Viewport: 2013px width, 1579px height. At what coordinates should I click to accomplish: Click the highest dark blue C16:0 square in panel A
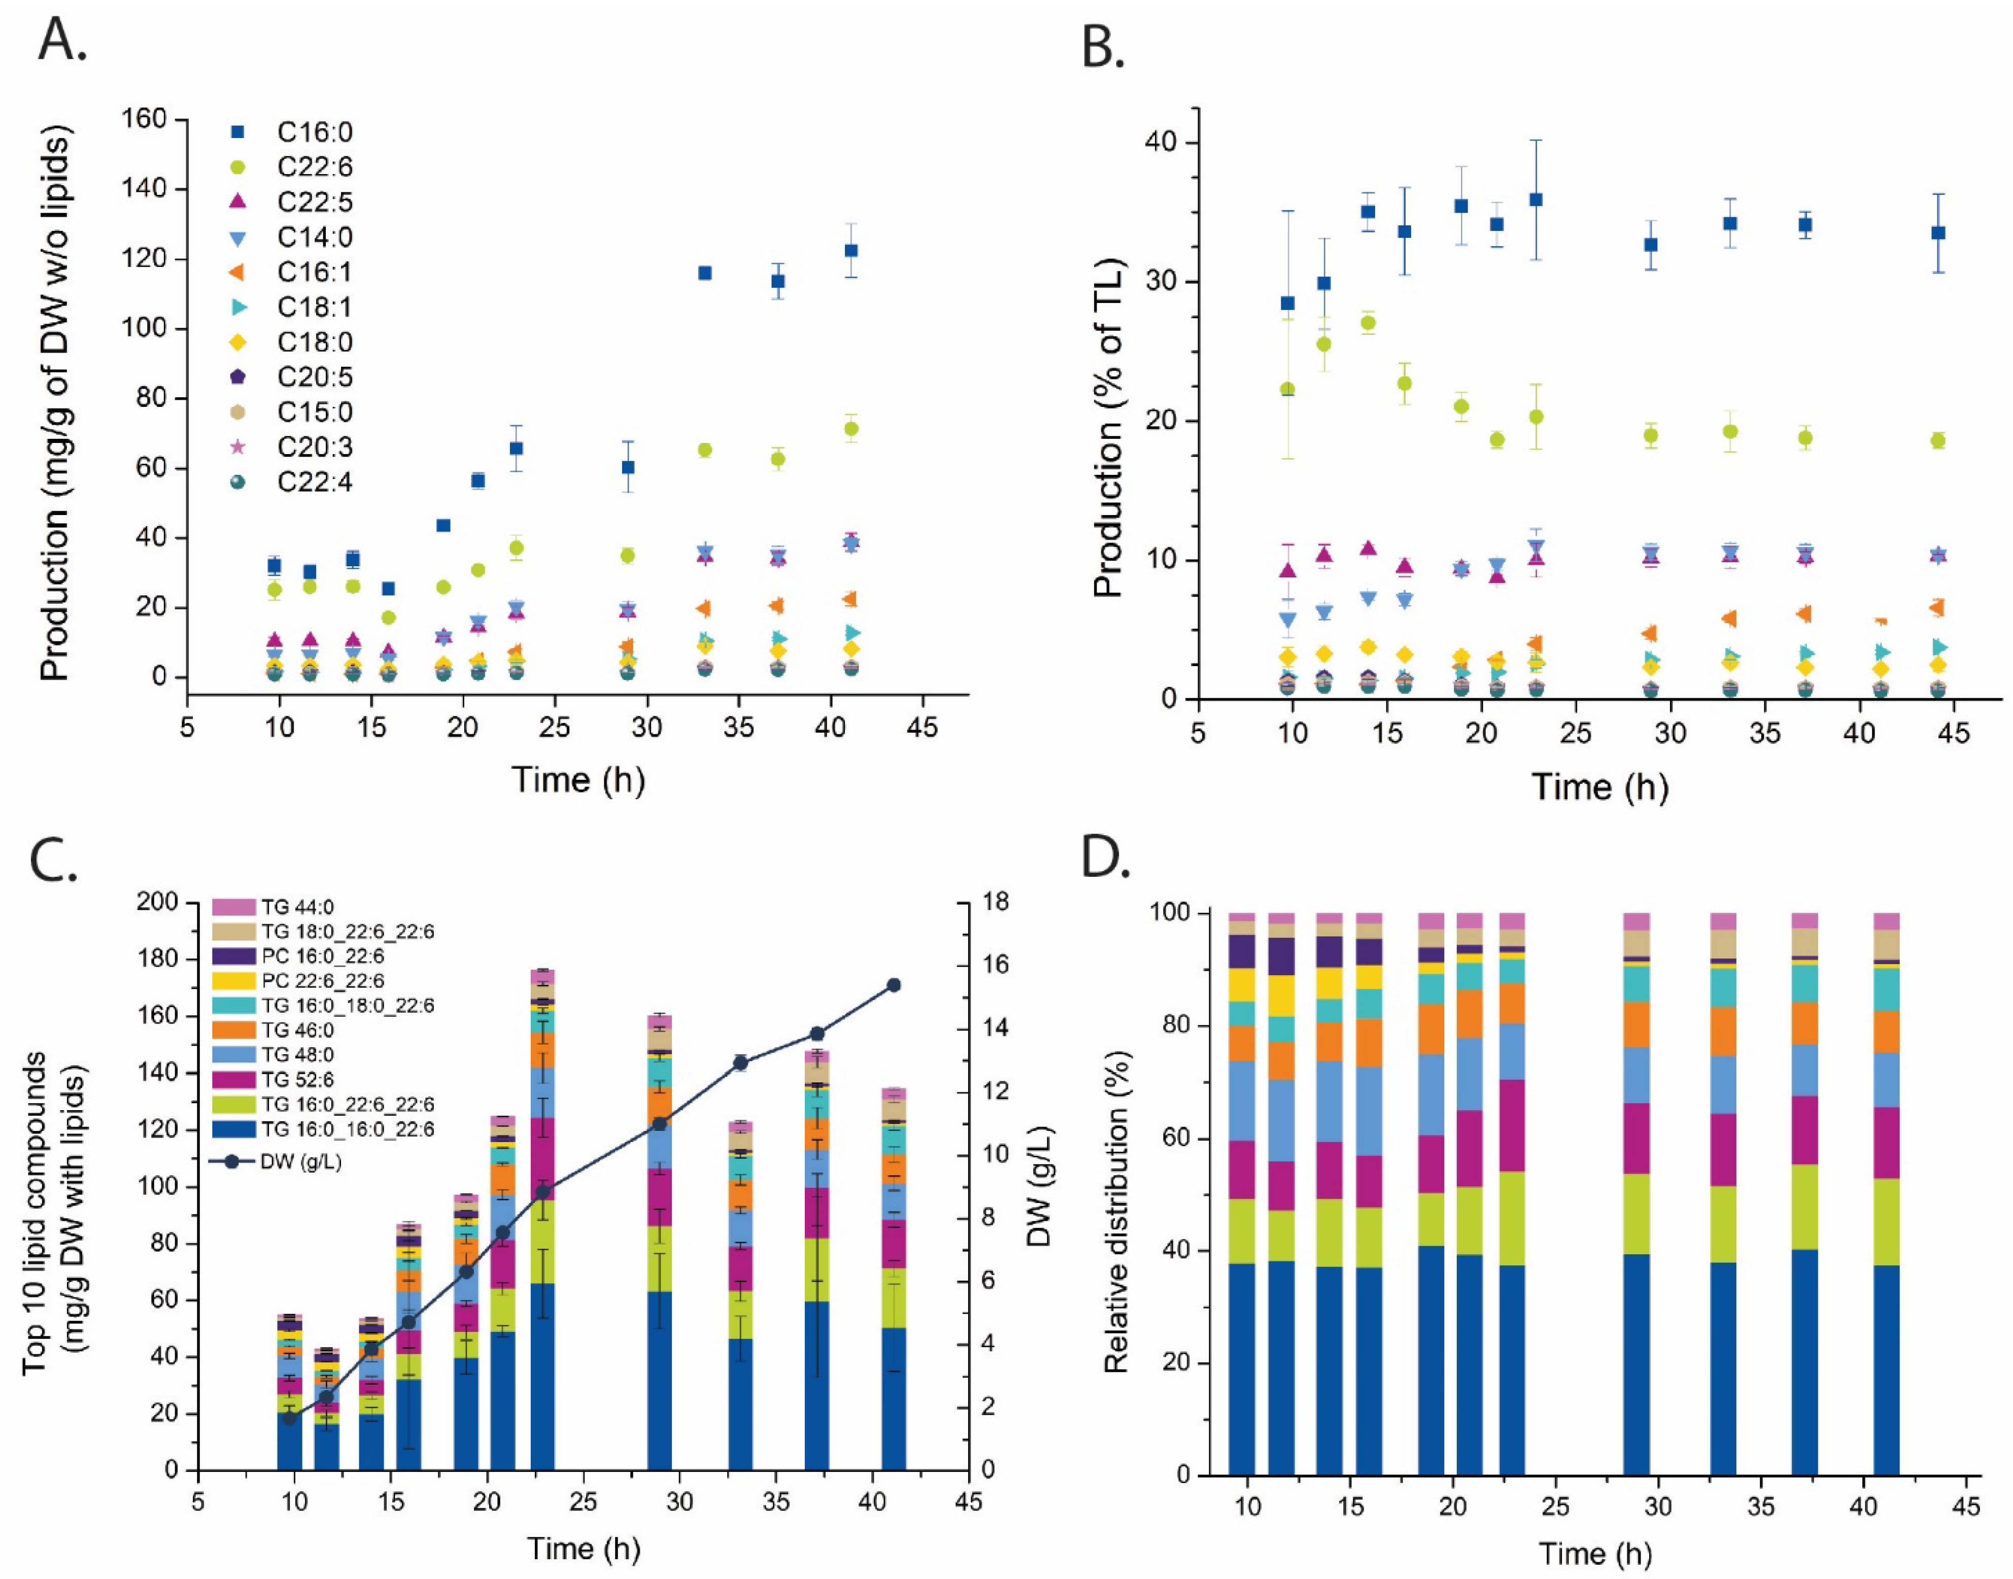850,251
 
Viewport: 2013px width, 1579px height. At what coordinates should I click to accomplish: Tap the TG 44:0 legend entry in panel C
296,907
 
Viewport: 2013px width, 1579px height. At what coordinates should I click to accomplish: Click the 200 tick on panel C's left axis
158,901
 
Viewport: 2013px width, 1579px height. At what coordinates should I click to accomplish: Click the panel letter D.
1106,859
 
